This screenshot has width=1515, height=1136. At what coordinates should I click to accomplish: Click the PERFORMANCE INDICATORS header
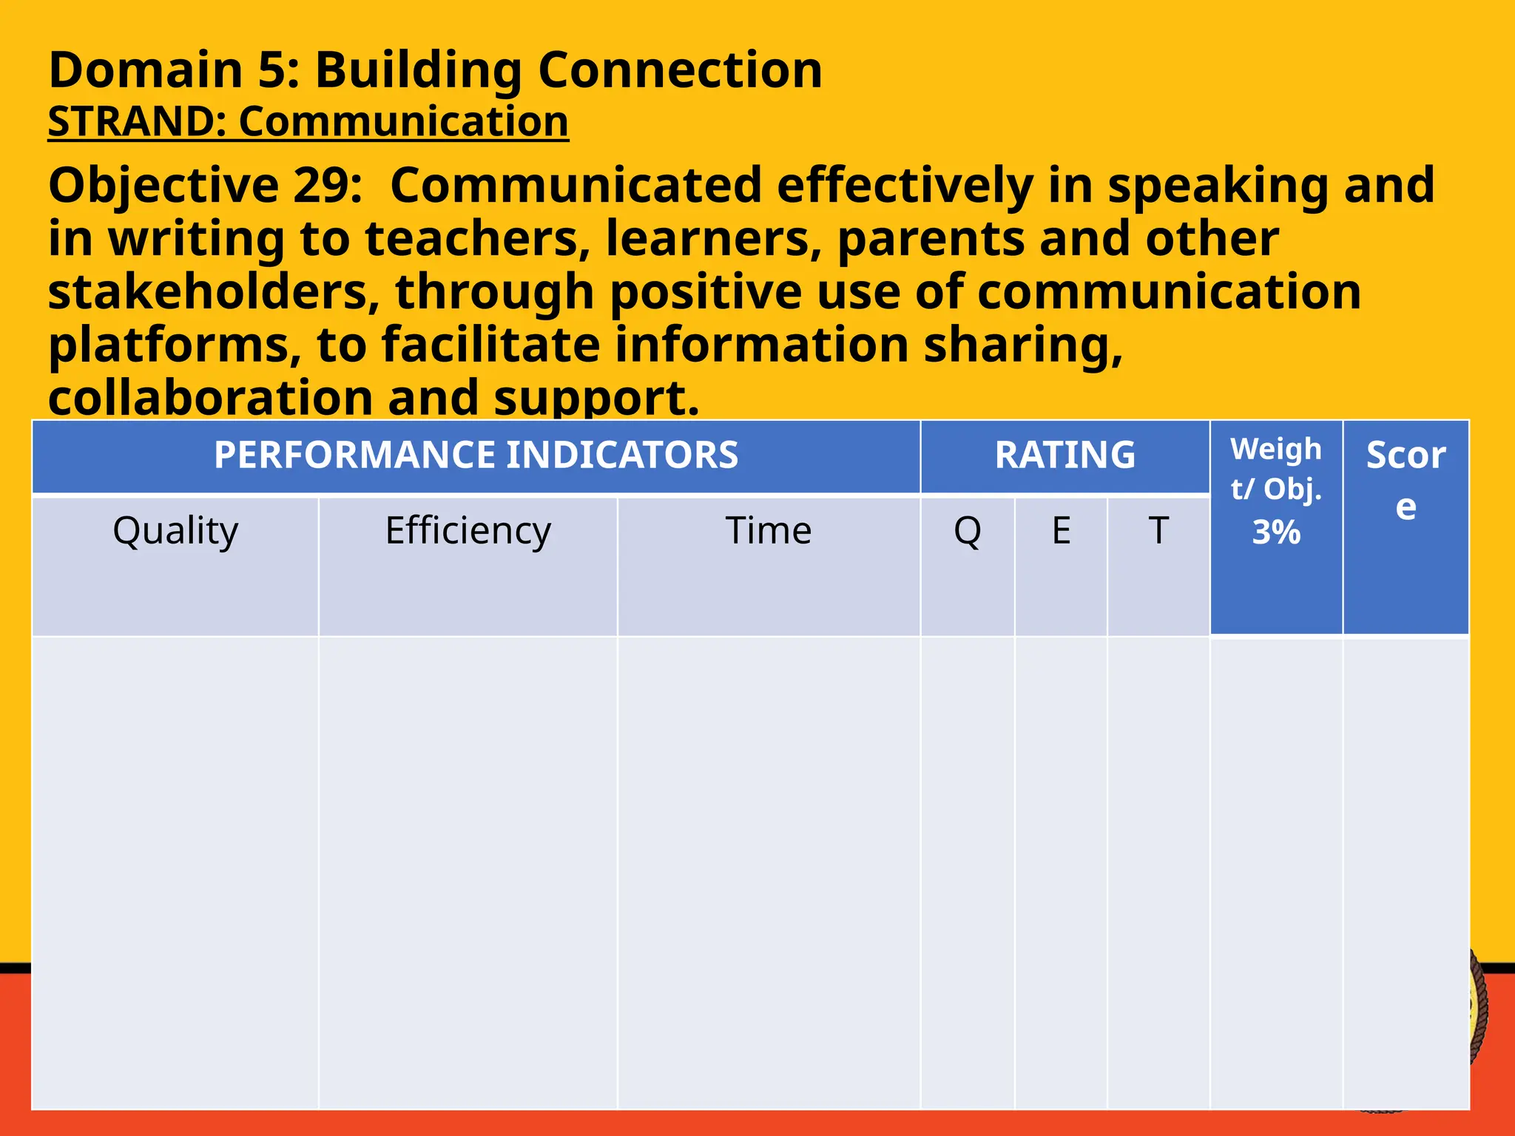click(476, 455)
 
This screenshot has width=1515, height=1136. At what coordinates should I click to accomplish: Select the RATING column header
click(1064, 455)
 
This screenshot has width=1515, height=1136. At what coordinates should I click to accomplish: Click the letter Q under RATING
click(968, 531)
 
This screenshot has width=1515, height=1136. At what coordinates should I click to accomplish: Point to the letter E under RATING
click(1061, 531)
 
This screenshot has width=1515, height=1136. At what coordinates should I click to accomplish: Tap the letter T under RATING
click(1158, 531)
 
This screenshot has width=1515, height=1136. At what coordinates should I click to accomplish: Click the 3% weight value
click(1276, 532)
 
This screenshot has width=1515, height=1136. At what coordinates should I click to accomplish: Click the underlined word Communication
click(403, 122)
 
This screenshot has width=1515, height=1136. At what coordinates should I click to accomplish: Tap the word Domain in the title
click(146, 70)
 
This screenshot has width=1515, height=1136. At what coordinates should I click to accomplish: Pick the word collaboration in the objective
click(210, 398)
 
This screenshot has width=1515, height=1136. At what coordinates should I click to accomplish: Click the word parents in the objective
click(931, 239)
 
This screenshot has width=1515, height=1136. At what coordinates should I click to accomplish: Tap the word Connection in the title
click(679, 70)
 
